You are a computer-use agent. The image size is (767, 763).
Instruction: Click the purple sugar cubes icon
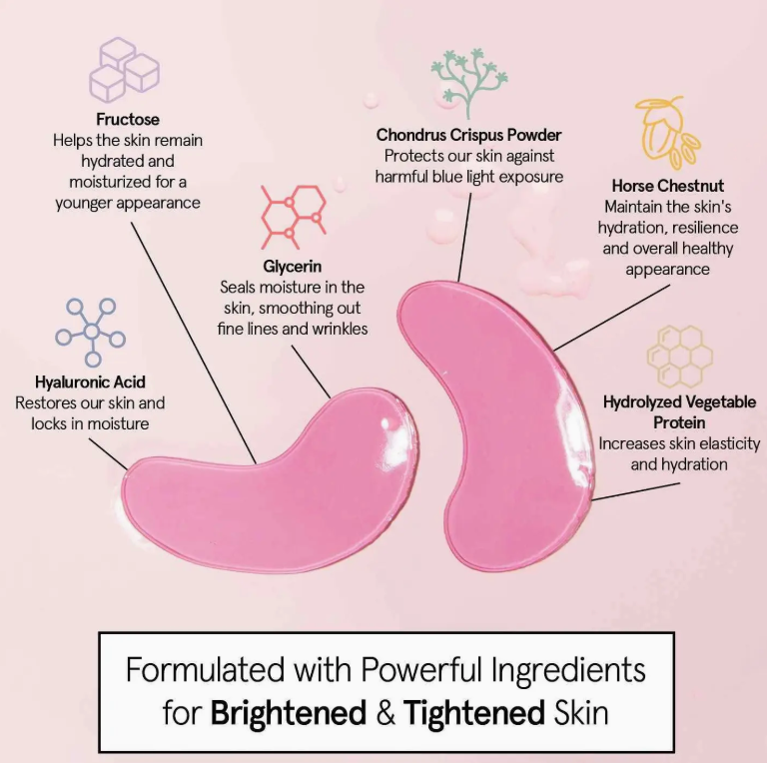click(124, 70)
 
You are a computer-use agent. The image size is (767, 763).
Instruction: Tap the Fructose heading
click(128, 119)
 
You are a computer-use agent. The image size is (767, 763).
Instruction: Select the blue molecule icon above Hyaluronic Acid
click(91, 333)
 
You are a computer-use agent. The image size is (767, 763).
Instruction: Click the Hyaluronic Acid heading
click(90, 381)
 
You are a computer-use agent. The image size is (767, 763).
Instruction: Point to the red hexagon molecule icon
click(294, 217)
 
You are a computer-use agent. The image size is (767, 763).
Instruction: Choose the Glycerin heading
click(292, 266)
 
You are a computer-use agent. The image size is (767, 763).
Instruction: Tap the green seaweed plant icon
click(468, 82)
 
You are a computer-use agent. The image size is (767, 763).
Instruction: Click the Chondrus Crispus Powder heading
click(468, 135)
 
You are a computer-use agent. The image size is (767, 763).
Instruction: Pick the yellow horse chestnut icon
click(667, 133)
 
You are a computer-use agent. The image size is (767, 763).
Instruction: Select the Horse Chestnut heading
click(668, 186)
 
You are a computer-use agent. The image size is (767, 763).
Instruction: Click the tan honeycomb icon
click(680, 357)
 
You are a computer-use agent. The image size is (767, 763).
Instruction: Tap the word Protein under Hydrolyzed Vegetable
click(679, 422)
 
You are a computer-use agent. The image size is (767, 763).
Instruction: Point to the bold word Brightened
click(289, 713)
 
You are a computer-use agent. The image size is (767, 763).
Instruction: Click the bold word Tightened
click(474, 713)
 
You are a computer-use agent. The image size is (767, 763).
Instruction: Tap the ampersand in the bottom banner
click(384, 713)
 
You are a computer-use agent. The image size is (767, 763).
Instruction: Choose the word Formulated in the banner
click(205, 669)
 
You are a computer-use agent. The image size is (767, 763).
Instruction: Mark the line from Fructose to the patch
click(194, 344)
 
